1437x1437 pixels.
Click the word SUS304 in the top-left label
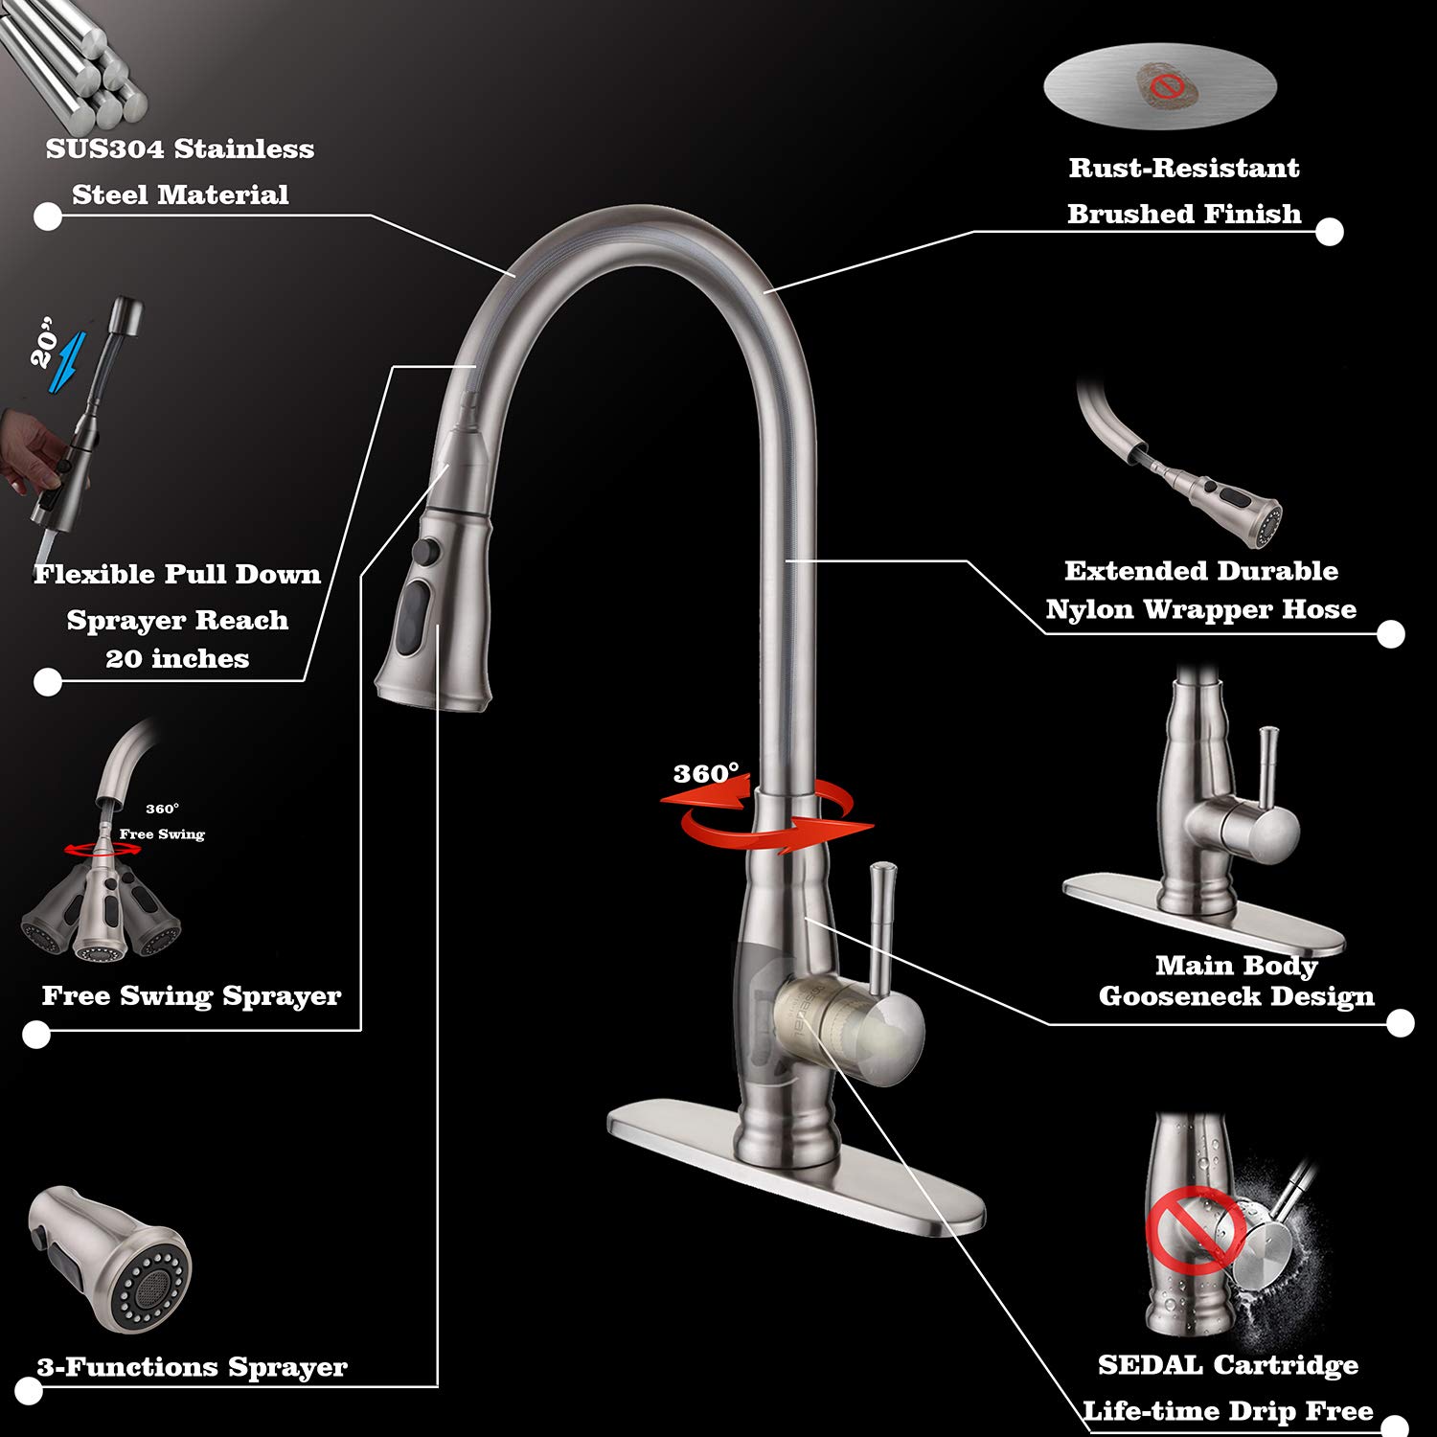point(103,149)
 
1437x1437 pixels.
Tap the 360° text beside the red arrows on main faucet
point(705,774)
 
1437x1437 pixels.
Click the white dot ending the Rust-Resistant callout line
point(1329,232)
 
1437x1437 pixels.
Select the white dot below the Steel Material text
point(48,217)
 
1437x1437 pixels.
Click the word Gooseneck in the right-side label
point(1173,997)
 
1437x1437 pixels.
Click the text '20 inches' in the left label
point(177,659)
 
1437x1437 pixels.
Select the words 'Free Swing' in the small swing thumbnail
point(162,834)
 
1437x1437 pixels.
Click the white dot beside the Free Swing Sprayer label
point(36,1034)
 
